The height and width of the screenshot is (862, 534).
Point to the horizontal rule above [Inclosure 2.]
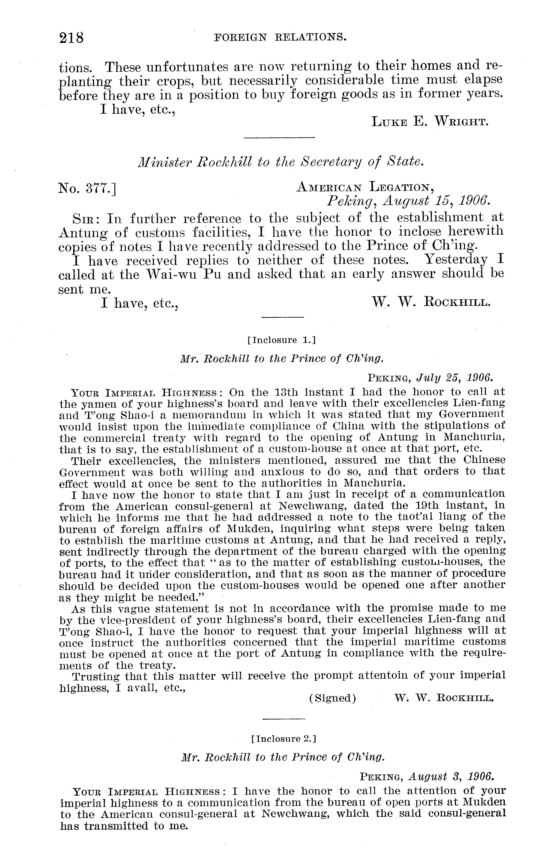point(284,719)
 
